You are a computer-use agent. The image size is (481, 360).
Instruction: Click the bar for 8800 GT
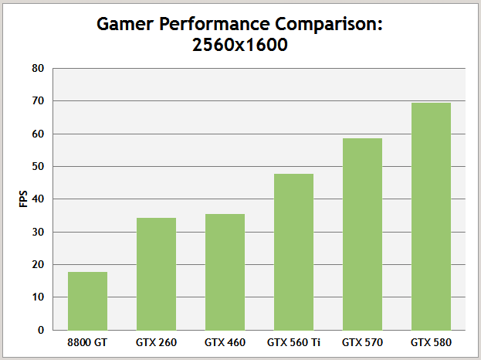click(87, 301)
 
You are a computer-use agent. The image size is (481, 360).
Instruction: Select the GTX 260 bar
click(156, 273)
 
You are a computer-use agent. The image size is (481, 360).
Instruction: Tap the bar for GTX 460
click(225, 272)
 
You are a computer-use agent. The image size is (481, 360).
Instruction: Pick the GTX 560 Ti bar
click(293, 252)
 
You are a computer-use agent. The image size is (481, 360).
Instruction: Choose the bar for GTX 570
click(362, 234)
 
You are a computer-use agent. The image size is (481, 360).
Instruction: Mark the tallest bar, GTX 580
click(431, 216)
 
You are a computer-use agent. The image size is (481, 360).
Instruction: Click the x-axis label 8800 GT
click(87, 341)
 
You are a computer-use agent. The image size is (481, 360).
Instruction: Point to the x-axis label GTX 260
click(156, 341)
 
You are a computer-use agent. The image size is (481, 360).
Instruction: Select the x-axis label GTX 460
click(225, 341)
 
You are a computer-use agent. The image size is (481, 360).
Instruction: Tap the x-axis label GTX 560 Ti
click(293, 341)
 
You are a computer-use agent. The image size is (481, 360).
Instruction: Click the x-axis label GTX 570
click(362, 341)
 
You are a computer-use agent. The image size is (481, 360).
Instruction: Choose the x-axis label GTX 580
click(431, 341)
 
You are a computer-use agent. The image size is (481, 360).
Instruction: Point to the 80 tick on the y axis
click(38, 69)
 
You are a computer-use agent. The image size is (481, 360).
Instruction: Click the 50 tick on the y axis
click(38, 167)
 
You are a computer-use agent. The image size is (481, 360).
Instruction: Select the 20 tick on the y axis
click(38, 265)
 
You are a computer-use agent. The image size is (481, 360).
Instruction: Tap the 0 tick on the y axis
click(41, 330)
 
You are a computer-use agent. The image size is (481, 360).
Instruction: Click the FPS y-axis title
click(22, 199)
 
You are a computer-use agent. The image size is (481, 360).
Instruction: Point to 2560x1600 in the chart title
click(240, 45)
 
